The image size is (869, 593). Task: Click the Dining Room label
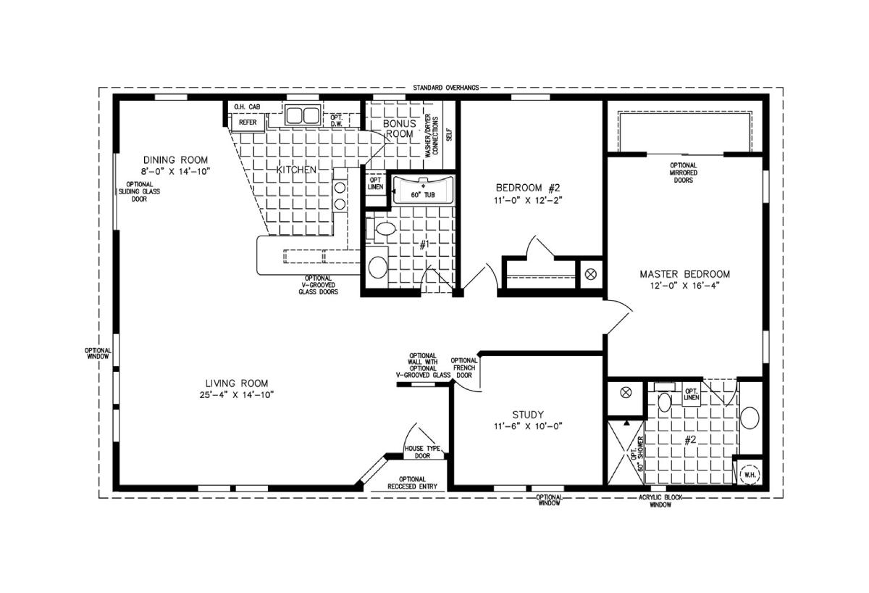[x=175, y=160]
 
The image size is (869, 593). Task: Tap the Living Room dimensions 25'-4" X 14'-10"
[x=237, y=395]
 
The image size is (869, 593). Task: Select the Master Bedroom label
[x=685, y=274]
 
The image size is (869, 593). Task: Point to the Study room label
[x=528, y=415]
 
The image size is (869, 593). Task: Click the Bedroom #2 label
[x=528, y=188]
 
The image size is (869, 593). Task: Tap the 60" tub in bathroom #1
[x=423, y=190]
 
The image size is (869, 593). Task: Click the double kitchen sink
[x=303, y=115]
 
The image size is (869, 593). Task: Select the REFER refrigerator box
[x=248, y=123]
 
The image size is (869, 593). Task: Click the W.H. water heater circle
[x=750, y=475]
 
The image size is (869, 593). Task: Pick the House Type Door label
[x=422, y=452]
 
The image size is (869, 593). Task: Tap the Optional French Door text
[x=464, y=368]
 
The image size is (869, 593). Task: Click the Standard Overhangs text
[x=446, y=88]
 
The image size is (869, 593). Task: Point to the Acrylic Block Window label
[x=660, y=501]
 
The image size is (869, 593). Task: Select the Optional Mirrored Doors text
[x=683, y=173]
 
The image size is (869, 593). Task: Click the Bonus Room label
[x=400, y=128]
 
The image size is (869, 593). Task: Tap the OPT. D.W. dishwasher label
[x=336, y=120]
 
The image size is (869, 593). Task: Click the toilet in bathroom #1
[x=382, y=228]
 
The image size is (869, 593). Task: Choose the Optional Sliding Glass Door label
[x=139, y=191]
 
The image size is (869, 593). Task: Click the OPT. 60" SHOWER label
[x=637, y=454]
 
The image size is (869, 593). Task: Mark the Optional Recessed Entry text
[x=412, y=483]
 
